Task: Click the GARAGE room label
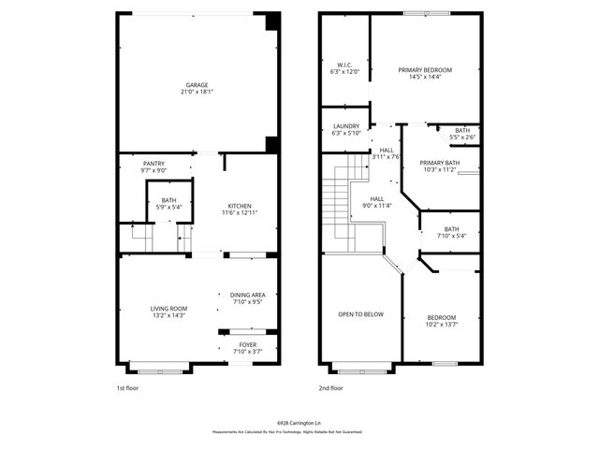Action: tap(197, 84)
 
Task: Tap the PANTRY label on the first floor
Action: tap(153, 163)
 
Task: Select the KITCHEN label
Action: tap(240, 206)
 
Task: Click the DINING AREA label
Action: tap(247, 295)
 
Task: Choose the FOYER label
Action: tap(247, 344)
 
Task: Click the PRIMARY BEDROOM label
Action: tap(425, 70)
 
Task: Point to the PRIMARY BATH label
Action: tap(439, 163)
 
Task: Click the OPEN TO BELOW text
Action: tap(360, 314)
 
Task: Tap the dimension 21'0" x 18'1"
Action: tap(197, 92)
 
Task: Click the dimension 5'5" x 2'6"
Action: tap(462, 138)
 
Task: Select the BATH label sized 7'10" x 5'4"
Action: tap(451, 229)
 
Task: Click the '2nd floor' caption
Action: tap(330, 387)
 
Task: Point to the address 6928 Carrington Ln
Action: tap(299, 423)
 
